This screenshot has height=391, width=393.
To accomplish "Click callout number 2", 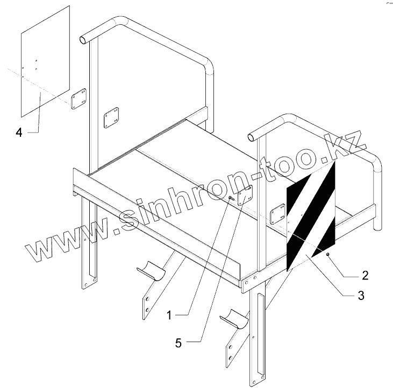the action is [365, 276].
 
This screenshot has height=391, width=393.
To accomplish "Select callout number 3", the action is [361, 295].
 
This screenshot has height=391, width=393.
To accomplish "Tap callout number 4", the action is [19, 132].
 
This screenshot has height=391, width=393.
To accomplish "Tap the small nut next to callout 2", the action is [327, 253].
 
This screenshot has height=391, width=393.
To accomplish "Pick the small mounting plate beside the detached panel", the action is [78, 99].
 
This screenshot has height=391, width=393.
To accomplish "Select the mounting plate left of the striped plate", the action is [277, 214].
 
